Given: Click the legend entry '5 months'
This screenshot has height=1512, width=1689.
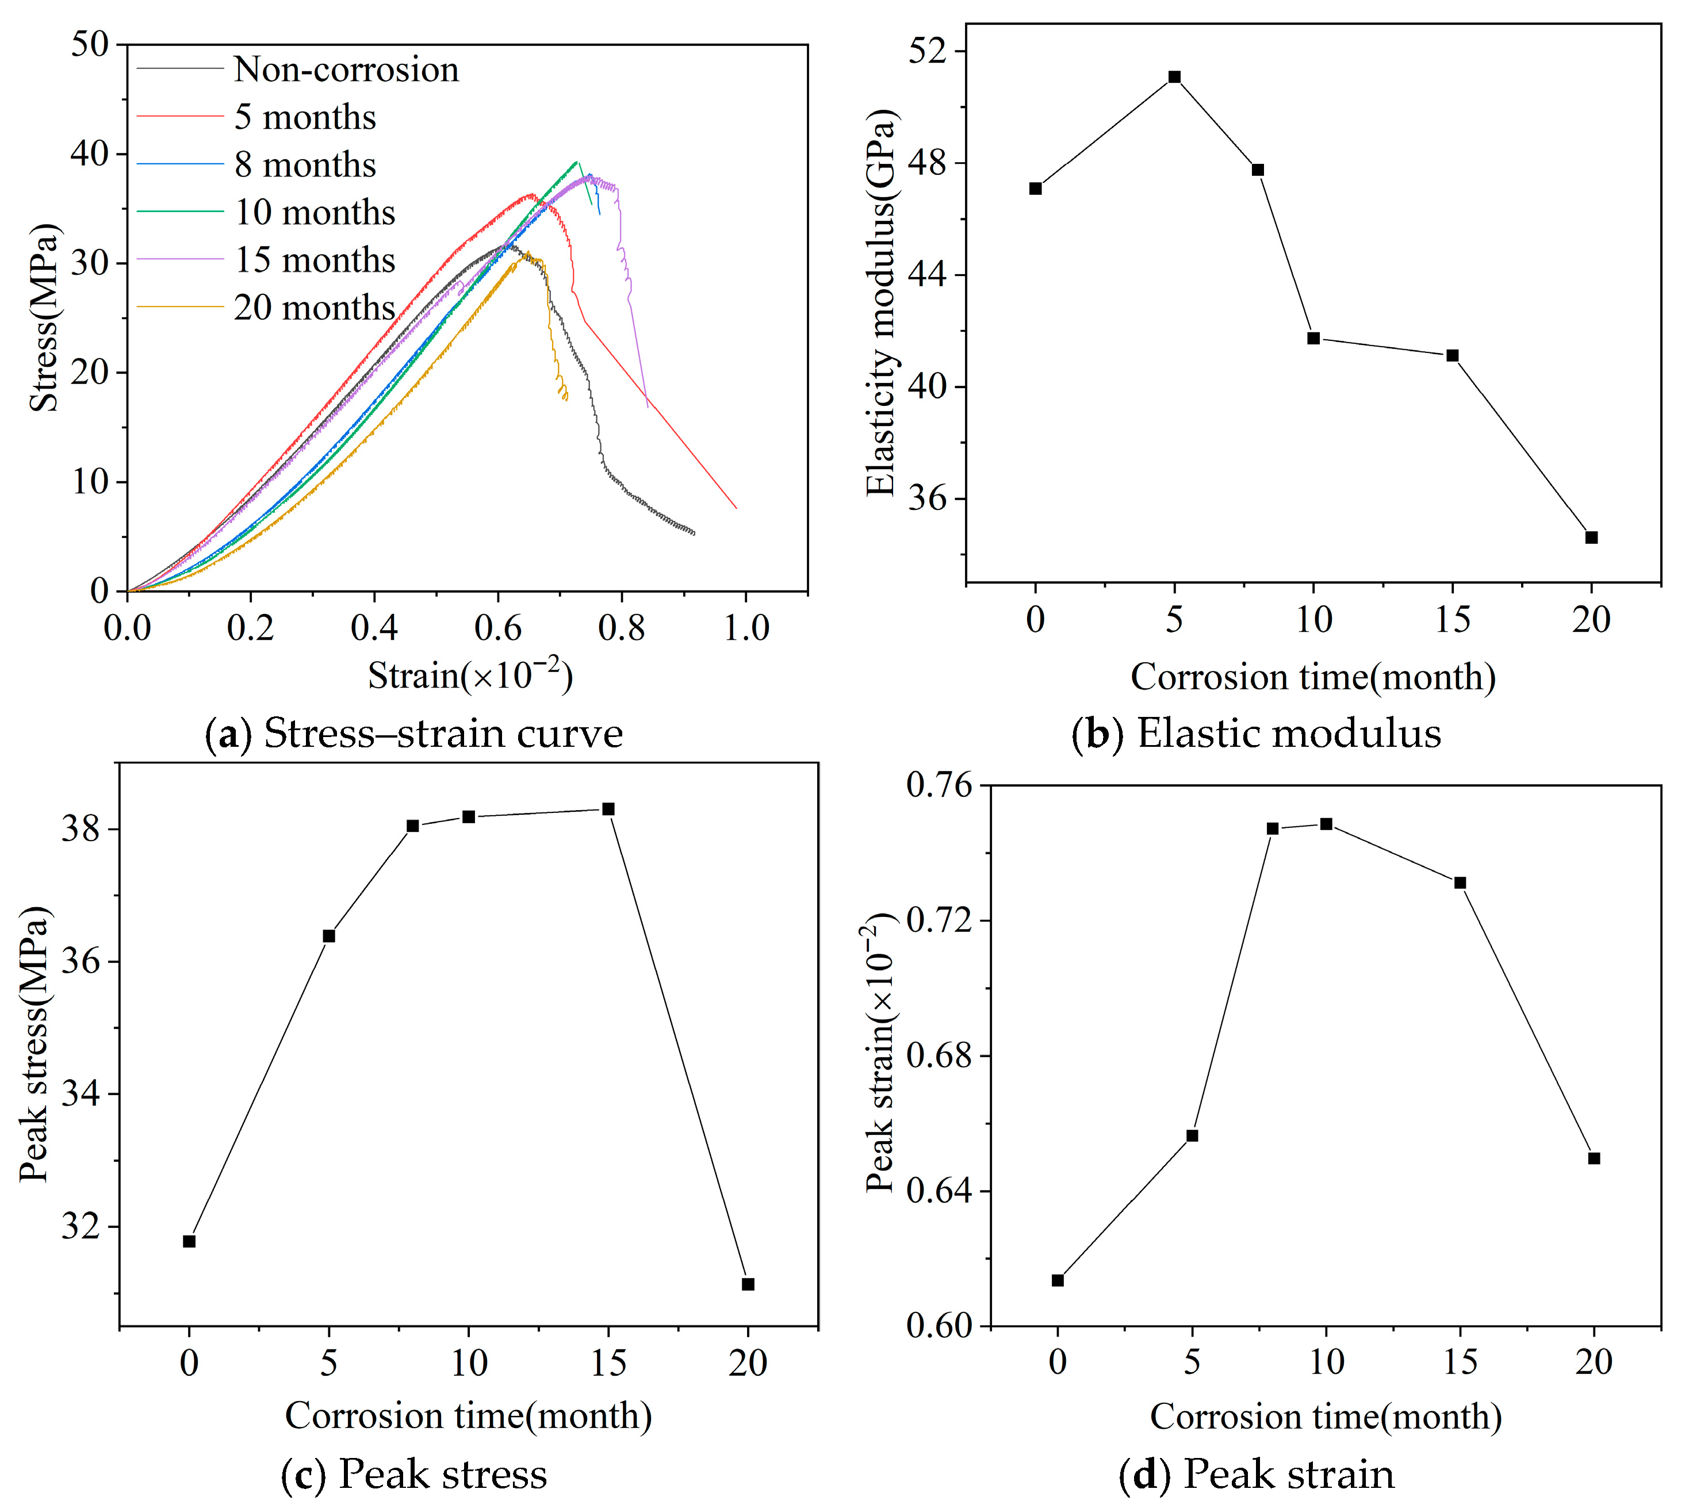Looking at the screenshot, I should pyautogui.click(x=304, y=118).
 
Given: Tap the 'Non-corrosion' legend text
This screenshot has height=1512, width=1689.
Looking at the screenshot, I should pyautogui.click(x=346, y=70).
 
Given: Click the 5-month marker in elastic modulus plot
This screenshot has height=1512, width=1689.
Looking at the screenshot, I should pyautogui.click(x=1174, y=77).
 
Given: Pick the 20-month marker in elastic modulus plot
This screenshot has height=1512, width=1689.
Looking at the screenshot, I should pyautogui.click(x=1591, y=538).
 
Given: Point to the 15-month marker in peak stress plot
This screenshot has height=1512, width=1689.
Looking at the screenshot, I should pyautogui.click(x=608, y=809).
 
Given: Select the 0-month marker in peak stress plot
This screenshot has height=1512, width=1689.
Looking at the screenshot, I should pyautogui.click(x=189, y=1241).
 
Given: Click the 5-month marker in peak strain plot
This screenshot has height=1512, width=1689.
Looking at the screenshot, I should pyautogui.click(x=1192, y=1135).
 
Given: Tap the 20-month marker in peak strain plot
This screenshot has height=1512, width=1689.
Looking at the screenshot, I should pyautogui.click(x=1594, y=1158).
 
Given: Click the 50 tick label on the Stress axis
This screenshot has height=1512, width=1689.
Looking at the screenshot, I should pyautogui.click(x=90, y=44).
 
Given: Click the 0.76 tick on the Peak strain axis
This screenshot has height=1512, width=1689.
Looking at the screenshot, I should pyautogui.click(x=939, y=785).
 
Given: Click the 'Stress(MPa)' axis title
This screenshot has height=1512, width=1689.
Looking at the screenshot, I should pyautogui.click(x=44, y=317).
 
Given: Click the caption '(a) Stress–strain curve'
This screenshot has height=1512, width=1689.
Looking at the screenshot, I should pyautogui.click(x=413, y=734).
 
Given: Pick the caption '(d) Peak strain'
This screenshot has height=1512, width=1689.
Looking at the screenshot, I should pyautogui.click(x=1256, y=1475).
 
